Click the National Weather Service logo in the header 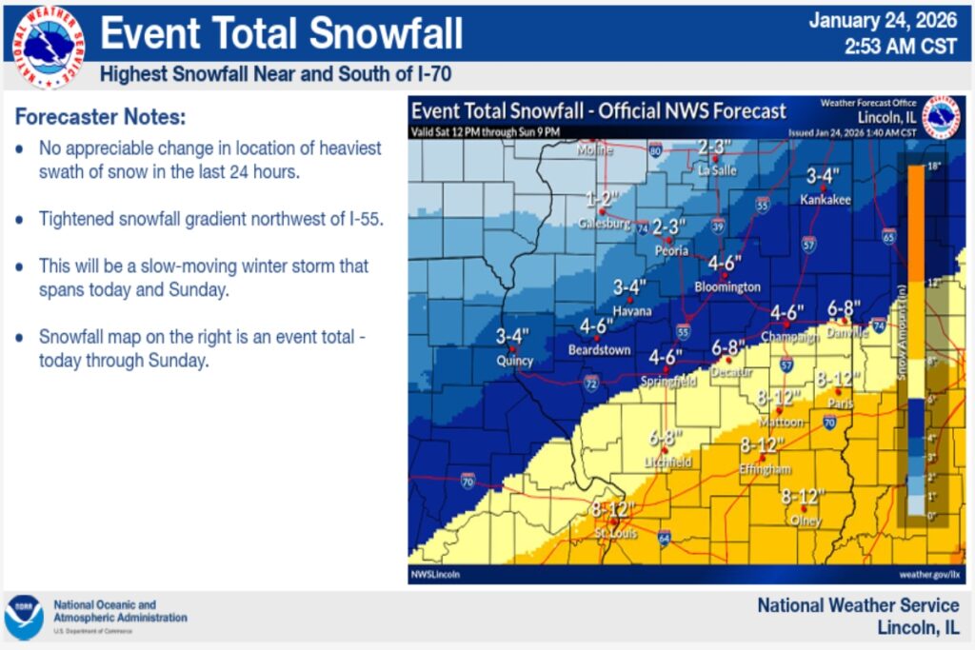point(48,46)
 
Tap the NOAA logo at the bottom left point(24,616)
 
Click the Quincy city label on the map point(515,362)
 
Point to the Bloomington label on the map point(727,286)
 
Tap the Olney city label point(804,521)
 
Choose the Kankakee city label point(825,200)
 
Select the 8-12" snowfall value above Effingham point(762,444)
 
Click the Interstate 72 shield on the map point(590,384)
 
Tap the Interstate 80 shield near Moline point(655,149)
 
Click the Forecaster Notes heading point(100,118)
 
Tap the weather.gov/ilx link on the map point(928,574)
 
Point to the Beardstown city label point(599,350)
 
